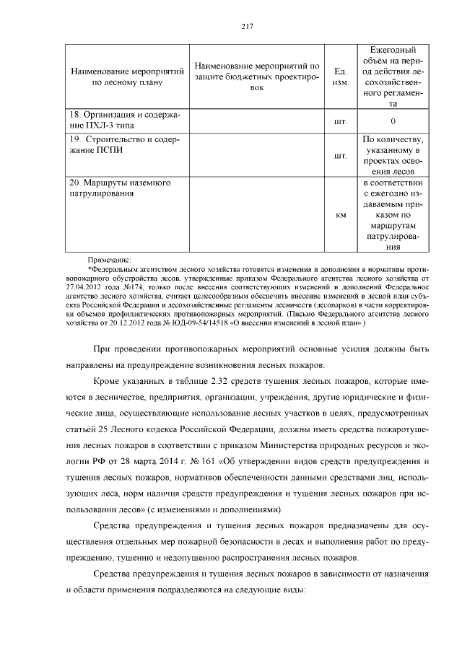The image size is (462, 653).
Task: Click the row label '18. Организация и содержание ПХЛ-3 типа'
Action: coord(124,120)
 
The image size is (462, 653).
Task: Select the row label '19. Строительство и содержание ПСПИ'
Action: coord(124,144)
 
